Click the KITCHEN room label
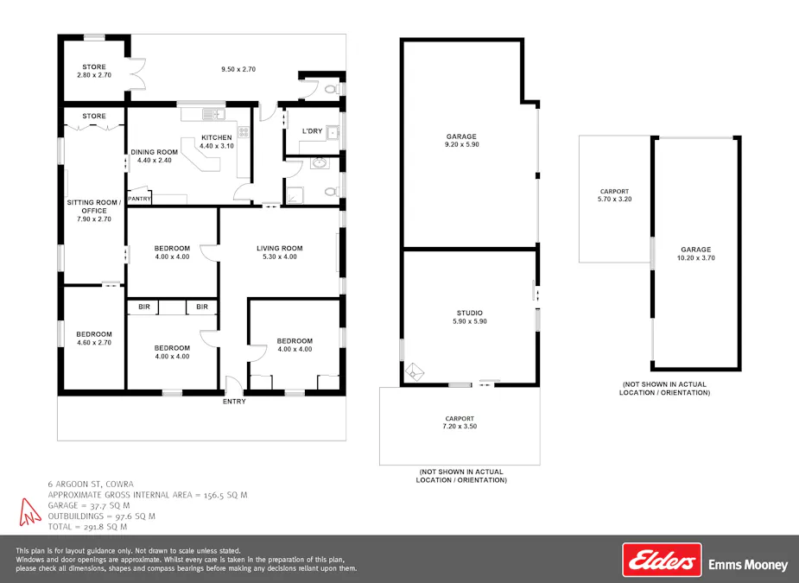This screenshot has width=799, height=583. pos(217,137)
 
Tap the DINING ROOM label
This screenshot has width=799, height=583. pos(154,152)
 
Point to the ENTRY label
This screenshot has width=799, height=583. pos(234,402)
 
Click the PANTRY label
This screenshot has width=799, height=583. pos(139,200)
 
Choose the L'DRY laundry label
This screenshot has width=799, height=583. pos(312,131)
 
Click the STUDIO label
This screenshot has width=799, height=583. pos(470,313)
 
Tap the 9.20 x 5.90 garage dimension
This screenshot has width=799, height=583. pos(461,145)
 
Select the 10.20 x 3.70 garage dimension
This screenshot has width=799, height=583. pos(696,257)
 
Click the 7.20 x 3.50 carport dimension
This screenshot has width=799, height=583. pos(459,427)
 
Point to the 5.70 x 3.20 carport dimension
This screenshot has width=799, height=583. pos(614,200)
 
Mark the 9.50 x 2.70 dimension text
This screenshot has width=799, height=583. pos(238,69)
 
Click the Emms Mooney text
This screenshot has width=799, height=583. pos(748,565)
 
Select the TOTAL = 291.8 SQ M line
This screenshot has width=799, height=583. pos(87,526)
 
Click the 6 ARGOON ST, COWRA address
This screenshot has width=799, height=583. pos(91,484)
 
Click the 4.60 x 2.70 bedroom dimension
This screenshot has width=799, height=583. pos(94,343)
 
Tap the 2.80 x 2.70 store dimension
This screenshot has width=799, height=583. pos(94,75)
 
